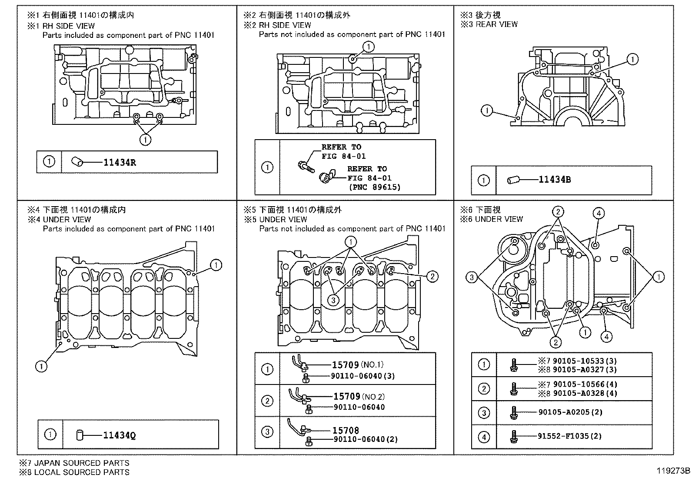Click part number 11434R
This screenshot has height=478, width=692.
[120, 163]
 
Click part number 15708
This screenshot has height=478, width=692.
[346, 430]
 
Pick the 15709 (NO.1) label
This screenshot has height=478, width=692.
[357, 365]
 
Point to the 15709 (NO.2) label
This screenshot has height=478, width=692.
[359, 396]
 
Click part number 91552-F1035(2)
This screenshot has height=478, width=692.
[570, 436]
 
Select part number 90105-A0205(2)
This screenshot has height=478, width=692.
[570, 412]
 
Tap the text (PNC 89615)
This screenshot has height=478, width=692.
[375, 187]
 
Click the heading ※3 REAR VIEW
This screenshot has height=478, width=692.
[489, 25]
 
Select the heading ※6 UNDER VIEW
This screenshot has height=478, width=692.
[492, 219]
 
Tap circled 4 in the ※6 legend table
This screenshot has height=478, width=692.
[483, 437]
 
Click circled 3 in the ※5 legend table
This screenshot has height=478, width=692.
[267, 432]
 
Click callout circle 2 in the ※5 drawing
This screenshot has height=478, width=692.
[432, 276]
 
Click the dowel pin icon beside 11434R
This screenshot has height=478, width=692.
[78, 162]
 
